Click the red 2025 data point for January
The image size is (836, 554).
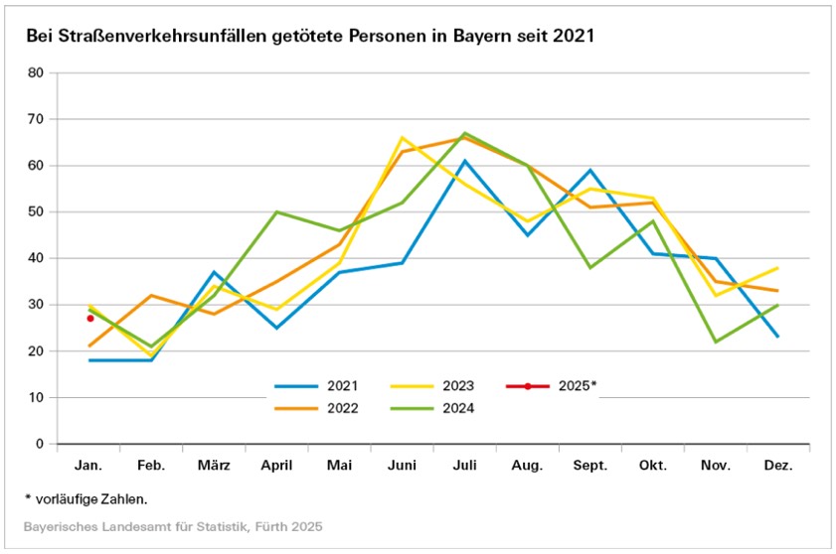[x=90, y=319]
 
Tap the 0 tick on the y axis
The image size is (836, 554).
[x=40, y=444]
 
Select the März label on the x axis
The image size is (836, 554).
[x=215, y=465]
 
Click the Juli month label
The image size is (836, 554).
[x=465, y=465]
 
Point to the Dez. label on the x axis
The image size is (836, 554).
[x=777, y=465]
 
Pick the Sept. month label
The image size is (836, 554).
[x=589, y=465]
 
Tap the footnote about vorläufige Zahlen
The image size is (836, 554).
[x=93, y=498]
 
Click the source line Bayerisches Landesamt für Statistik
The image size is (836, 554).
[x=174, y=525]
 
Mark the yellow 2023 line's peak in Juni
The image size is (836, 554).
[x=403, y=138]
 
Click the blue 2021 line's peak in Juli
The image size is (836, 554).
[x=465, y=161]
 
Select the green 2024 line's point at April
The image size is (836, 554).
[x=277, y=212]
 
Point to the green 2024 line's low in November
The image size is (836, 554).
[x=715, y=342]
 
